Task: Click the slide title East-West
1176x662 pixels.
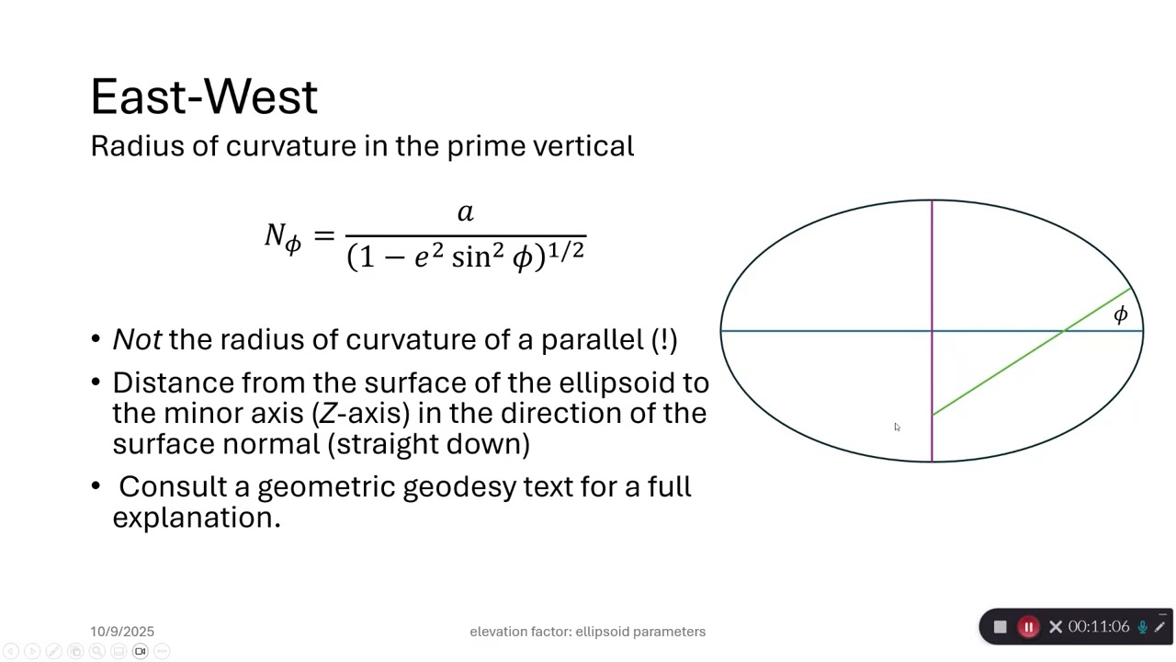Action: point(204,97)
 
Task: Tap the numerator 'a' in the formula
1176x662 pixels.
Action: point(465,213)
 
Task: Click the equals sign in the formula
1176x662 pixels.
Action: point(323,235)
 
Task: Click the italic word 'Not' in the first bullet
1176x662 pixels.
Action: point(137,339)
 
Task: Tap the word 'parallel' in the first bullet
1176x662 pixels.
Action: point(592,339)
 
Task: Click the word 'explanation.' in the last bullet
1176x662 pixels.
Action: point(196,518)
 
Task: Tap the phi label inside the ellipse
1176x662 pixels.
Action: point(1120,315)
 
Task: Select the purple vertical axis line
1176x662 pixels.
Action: point(932,267)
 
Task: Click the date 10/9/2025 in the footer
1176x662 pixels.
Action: point(122,632)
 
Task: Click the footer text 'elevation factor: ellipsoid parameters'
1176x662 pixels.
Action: point(587,632)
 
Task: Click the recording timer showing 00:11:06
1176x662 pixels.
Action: point(1098,627)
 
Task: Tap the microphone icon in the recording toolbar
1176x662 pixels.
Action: point(1142,627)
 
